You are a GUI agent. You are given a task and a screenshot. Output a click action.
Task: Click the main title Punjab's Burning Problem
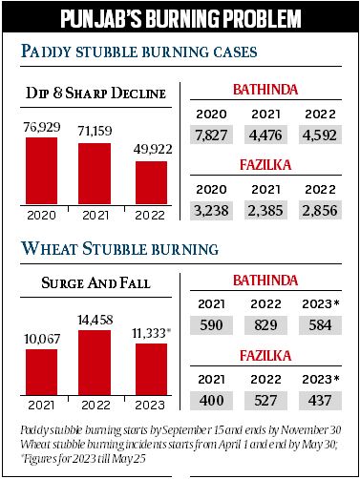click(x=180, y=19)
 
